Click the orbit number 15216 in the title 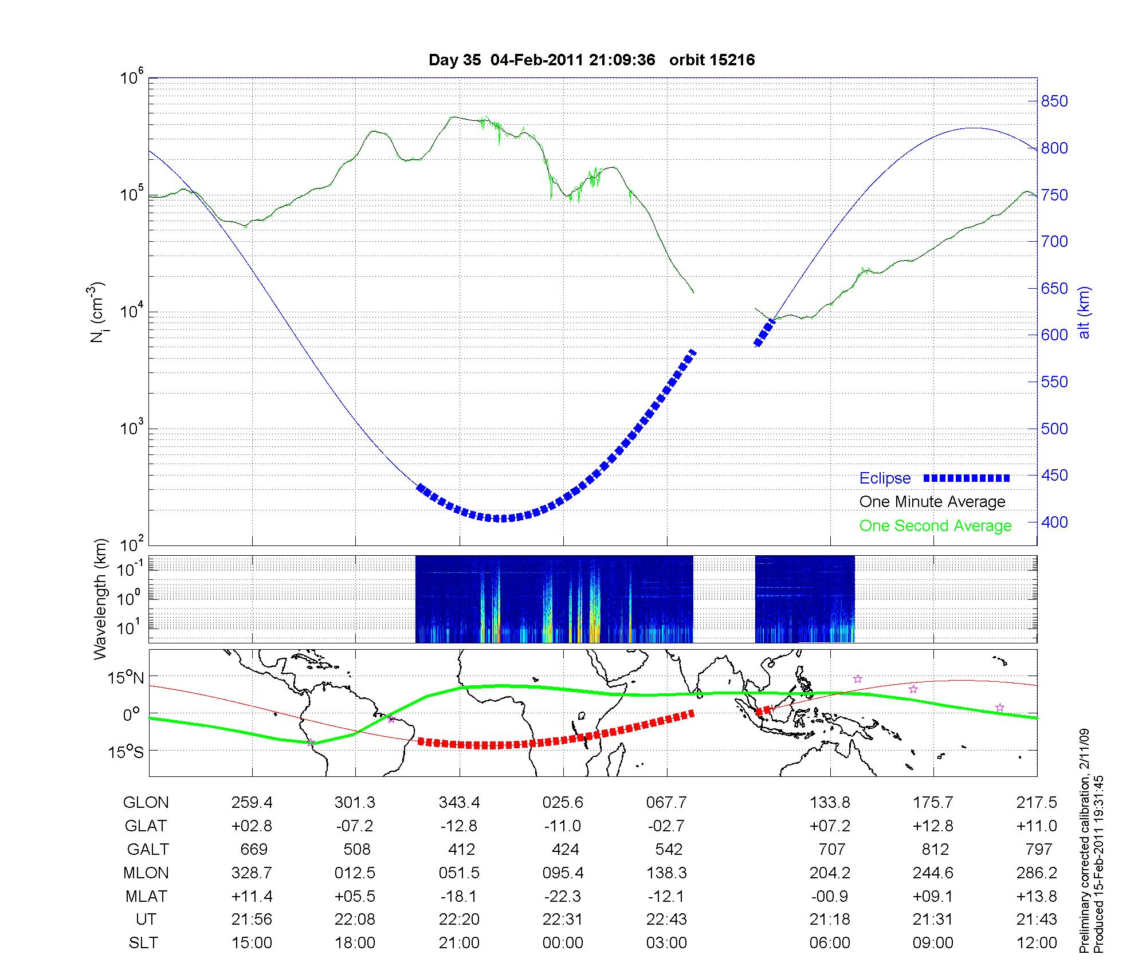point(732,60)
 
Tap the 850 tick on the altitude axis point(1054,101)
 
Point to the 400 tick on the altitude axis point(1054,522)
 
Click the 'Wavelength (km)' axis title point(101,599)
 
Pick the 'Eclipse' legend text point(885,478)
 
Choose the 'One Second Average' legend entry point(935,526)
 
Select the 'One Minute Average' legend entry point(932,502)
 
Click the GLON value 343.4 point(459,802)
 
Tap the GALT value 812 point(935,849)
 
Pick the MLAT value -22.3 point(563,896)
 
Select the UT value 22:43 point(666,920)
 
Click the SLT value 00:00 point(563,943)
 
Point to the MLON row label point(146,873)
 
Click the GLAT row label point(146,826)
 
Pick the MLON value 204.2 point(830,873)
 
